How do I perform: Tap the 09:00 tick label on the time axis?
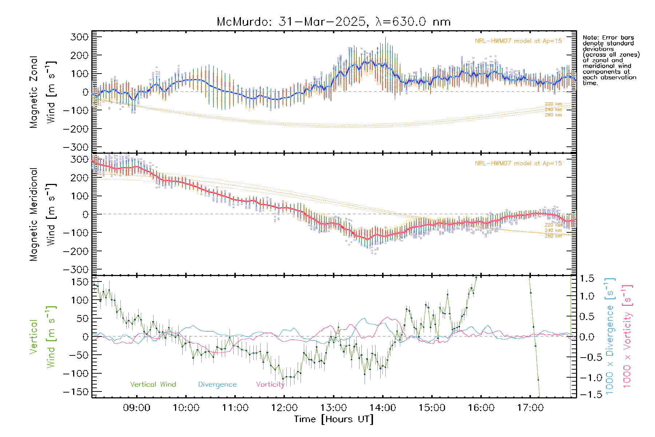tap(136, 408)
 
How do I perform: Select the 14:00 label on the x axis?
tap(383, 408)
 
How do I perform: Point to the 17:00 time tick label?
tap(530, 408)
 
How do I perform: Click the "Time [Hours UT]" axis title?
tap(333, 419)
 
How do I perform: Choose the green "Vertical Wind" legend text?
tap(153, 384)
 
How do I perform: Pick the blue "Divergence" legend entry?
tap(217, 384)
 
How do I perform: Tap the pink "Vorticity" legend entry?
tap(270, 384)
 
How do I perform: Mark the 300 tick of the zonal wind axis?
tap(80, 37)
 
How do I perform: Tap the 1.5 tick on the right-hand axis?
tap(587, 279)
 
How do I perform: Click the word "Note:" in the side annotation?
tap(590, 38)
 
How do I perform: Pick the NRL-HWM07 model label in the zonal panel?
tap(518, 41)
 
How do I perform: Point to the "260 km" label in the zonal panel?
tap(553, 115)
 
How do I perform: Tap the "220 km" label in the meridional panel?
tap(553, 225)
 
